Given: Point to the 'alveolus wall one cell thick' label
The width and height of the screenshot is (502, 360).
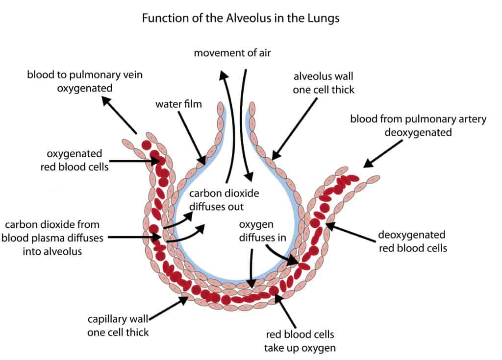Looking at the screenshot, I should click(x=324, y=83).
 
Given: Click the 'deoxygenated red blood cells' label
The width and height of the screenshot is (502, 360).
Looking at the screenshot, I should click(x=412, y=241).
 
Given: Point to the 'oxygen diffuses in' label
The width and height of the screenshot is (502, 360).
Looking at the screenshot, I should click(x=260, y=231).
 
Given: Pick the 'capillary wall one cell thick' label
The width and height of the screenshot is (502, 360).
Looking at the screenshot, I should click(x=118, y=325).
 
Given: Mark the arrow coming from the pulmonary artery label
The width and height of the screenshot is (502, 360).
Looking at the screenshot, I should click(x=380, y=154).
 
